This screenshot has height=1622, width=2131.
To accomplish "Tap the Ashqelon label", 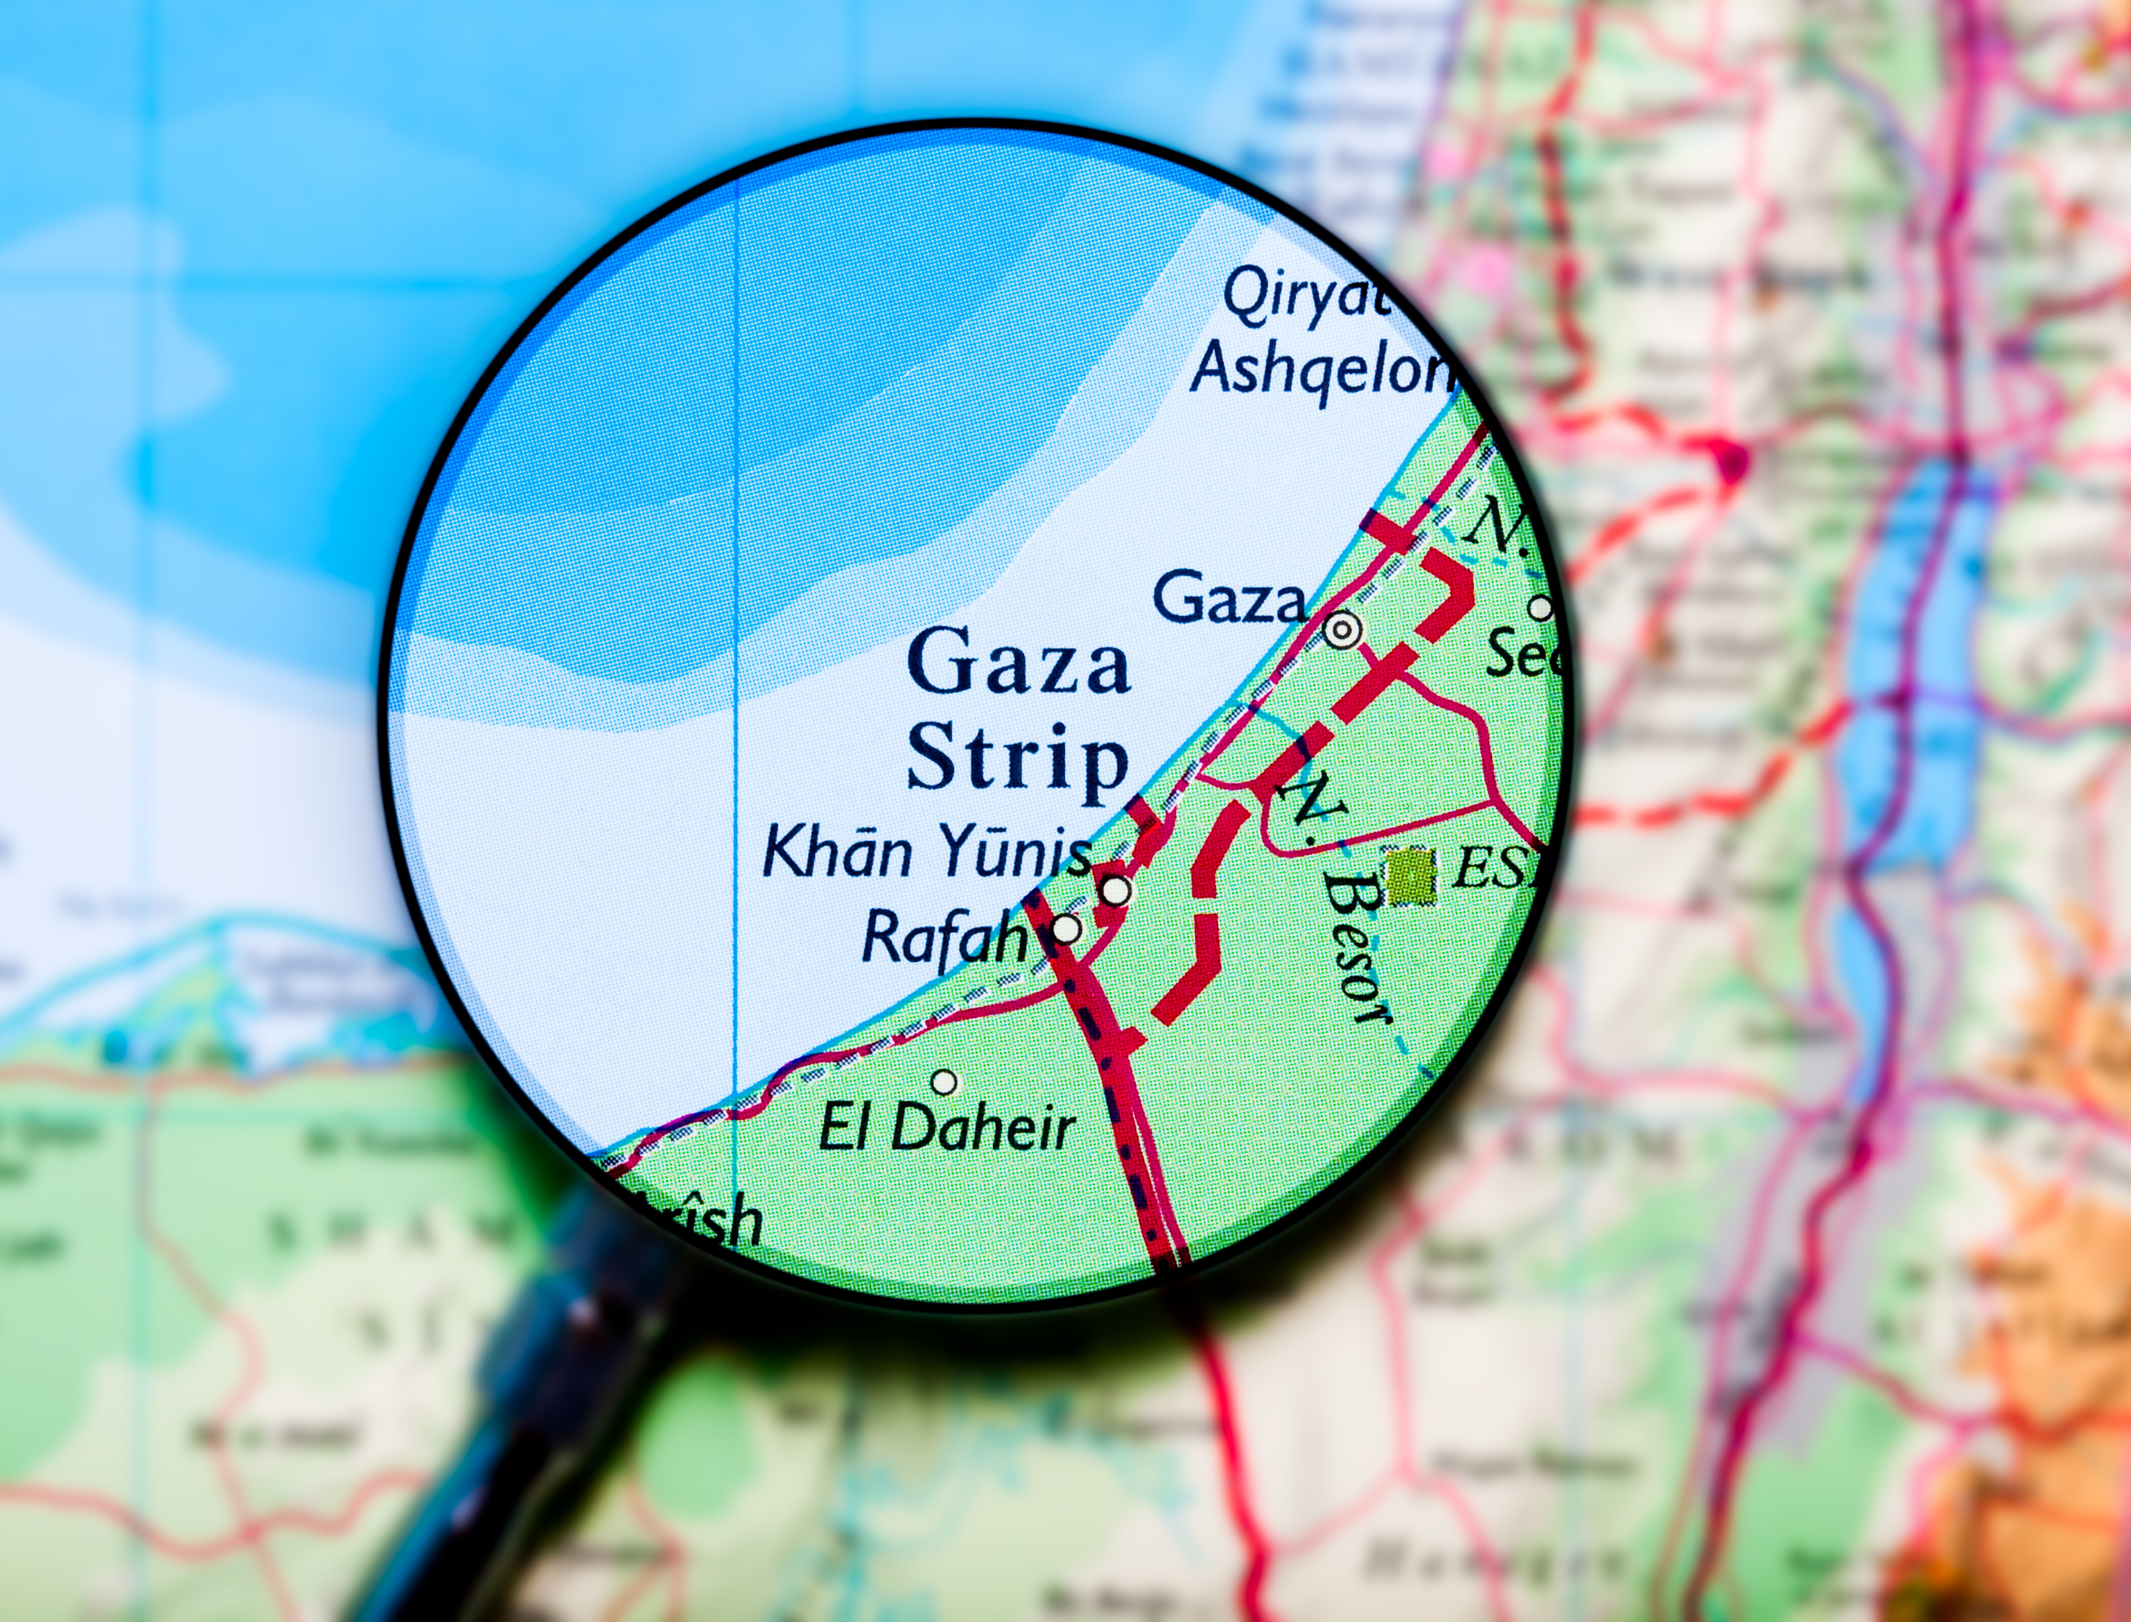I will pos(1322,370).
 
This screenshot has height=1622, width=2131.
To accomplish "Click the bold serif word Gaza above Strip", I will pos(1018,661).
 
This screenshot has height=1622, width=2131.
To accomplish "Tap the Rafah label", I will pos(943,936).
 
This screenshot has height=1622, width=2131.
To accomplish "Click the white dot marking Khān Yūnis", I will pos(1116,889).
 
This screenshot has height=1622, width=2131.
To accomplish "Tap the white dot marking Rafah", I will pos(1067,929).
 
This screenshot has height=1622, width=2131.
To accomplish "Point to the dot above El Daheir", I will pos(945,1081).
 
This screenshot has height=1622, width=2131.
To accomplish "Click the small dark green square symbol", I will pos(1411,876).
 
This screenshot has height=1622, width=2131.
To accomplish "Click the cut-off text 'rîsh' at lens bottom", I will pos(710,1219).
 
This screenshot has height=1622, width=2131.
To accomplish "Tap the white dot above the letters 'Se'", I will pos(1541,608).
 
